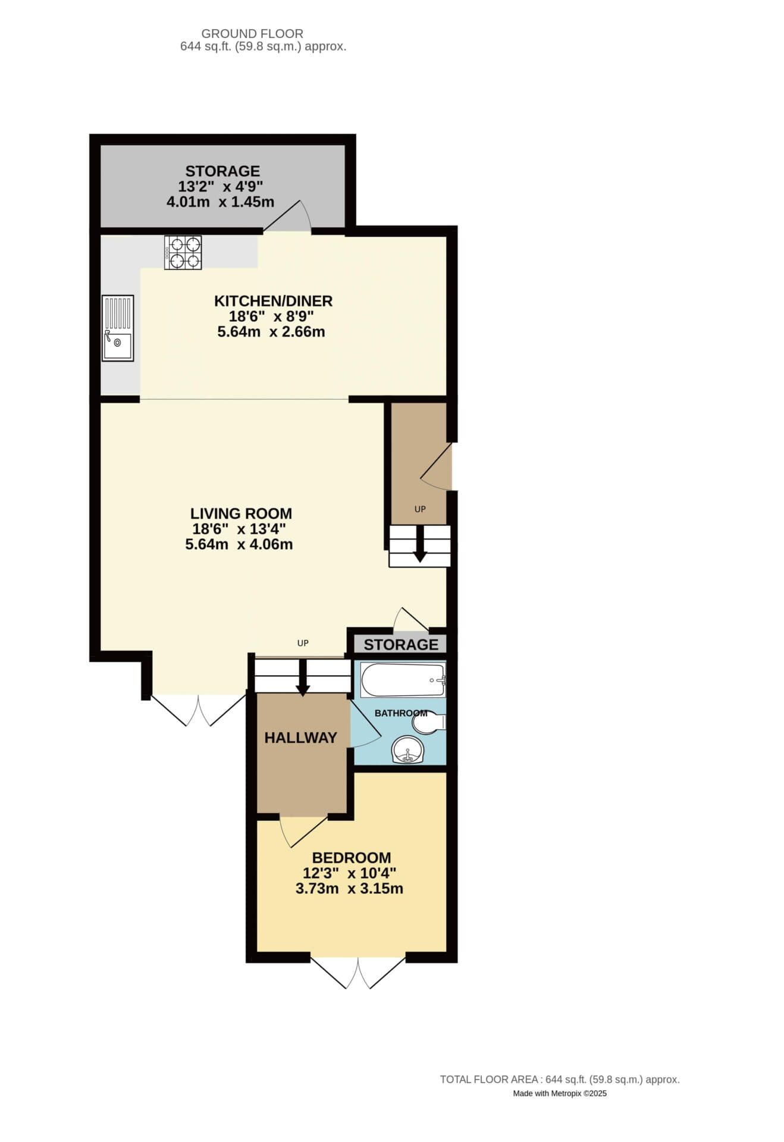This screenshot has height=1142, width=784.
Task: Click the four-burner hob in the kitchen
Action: point(183,252)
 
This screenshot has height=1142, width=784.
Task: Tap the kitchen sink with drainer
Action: point(117,328)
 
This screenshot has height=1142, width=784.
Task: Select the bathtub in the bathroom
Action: point(403,680)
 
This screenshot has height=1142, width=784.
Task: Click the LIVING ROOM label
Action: point(241,513)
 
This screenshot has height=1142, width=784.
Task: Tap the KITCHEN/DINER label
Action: point(273,301)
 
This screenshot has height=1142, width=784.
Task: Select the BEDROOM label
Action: point(352,858)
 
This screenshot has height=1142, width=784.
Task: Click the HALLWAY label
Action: point(300,738)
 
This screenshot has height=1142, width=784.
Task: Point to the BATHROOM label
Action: point(400,713)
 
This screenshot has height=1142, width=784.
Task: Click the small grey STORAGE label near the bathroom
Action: point(401,644)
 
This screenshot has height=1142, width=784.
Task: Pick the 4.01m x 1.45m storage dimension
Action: point(220,202)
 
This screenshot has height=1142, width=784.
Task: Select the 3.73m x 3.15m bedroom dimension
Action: point(349,889)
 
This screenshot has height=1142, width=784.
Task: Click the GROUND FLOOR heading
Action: point(252,34)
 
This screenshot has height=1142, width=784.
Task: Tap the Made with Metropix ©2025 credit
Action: point(560,1093)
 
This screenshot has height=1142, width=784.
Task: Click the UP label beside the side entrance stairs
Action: point(420,509)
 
